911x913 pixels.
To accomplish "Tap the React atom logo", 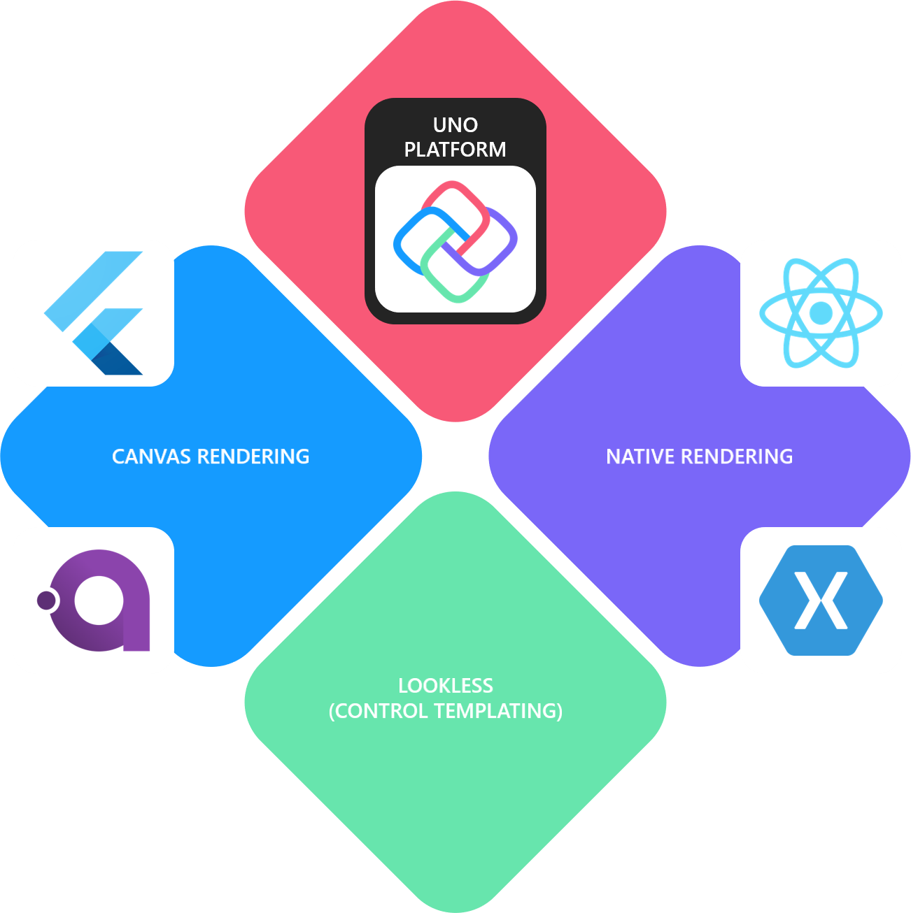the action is (821, 312).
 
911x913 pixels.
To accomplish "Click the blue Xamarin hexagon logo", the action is (821, 601).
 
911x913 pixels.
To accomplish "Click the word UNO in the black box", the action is (455, 125).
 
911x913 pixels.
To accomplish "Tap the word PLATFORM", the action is (455, 150).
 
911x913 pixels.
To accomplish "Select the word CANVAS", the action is (152, 456).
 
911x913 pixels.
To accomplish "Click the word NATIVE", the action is (641, 456).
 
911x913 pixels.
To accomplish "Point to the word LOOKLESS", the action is (446, 686).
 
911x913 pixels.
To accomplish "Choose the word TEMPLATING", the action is (498, 711).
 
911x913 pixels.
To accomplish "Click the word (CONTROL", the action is (379, 711).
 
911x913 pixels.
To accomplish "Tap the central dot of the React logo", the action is (821, 312).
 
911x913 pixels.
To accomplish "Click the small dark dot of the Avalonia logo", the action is (46, 601).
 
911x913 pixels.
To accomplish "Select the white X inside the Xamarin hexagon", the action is (821, 601).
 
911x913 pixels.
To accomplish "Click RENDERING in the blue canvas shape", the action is (253, 456).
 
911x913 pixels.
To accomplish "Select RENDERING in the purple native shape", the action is (737, 456).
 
